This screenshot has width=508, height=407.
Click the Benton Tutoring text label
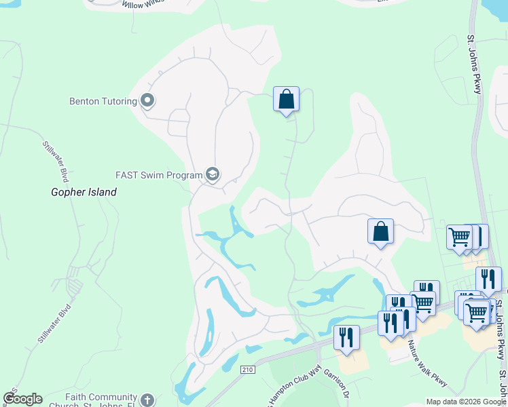coord(103,102)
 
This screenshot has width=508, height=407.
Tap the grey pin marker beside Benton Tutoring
coord(147,102)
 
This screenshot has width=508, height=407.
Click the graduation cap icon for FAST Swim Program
coord(213,175)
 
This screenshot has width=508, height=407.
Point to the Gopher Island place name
coord(84,192)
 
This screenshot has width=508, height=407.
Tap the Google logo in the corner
coord(22,399)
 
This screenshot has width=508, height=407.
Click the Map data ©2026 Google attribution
coord(466,402)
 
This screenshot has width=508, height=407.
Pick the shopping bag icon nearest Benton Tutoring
coord(287,99)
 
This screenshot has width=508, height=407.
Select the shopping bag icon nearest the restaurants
coord(381,231)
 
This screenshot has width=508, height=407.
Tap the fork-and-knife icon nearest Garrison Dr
coord(346,337)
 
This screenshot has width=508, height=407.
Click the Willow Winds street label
coord(144,4)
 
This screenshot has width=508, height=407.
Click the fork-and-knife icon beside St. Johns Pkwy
coord(488,279)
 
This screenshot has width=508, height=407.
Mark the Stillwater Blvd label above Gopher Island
coord(56,161)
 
